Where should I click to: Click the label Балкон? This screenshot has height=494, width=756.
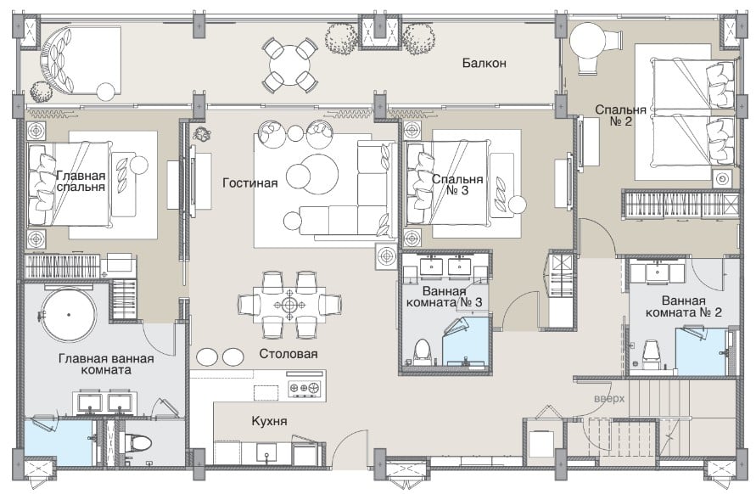click(484, 63)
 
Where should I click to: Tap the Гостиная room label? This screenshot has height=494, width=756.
click(250, 182)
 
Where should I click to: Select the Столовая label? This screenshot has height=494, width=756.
click(288, 354)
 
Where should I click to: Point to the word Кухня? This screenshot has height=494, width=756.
click(270, 421)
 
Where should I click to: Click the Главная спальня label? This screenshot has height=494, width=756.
click(81, 181)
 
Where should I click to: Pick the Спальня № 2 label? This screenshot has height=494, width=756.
click(620, 115)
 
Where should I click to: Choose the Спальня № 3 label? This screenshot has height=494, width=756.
click(457, 185)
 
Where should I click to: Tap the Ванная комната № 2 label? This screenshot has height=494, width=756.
click(684, 306)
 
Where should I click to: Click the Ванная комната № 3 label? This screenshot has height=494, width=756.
click(444, 297)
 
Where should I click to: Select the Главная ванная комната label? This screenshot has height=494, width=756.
click(106, 364)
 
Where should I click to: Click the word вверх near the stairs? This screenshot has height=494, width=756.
click(609, 399)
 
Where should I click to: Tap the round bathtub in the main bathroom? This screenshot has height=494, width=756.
click(69, 315)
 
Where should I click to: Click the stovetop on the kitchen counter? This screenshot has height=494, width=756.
click(305, 387)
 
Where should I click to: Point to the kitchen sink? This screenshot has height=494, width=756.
click(266, 453)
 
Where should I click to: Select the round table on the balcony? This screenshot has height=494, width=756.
click(290, 65)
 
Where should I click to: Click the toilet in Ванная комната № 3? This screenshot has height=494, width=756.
click(423, 351)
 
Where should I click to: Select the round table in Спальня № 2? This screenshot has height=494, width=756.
click(587, 41)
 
